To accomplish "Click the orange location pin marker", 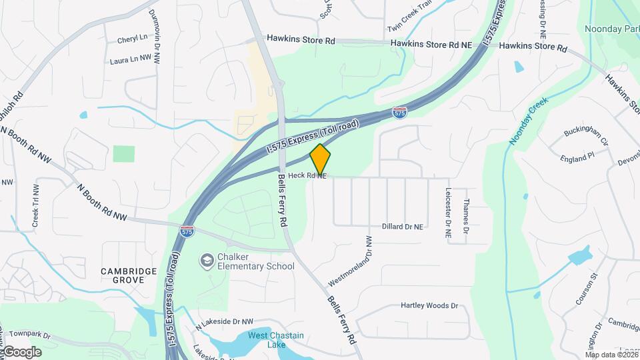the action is [x=320, y=159].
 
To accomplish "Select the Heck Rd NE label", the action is [x=307, y=176].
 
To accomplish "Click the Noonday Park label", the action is [x=611, y=29].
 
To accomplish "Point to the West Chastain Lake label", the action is [x=275, y=339].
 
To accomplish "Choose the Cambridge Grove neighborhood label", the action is [x=129, y=275].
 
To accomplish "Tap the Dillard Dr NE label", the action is [x=403, y=227].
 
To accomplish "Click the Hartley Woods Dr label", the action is [x=429, y=306].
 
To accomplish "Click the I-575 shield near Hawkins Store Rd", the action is [x=399, y=113].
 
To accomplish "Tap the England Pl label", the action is [x=577, y=157].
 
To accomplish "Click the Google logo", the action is [x=21, y=352].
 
